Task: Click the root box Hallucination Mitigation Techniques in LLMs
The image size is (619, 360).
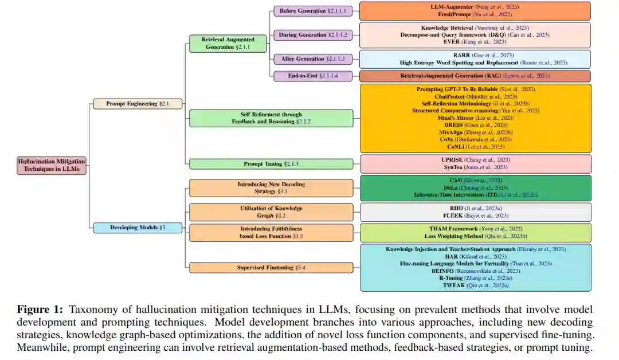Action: point(52,166)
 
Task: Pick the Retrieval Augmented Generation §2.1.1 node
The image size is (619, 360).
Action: point(228,44)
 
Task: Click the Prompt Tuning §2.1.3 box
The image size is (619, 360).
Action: point(271,164)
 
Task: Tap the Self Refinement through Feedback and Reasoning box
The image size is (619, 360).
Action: point(271,118)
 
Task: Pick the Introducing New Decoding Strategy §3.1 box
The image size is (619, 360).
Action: point(271,188)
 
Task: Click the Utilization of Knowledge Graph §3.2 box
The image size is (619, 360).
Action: point(271,212)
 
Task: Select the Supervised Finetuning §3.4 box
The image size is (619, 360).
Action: point(271,267)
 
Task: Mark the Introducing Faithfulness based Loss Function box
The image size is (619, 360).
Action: point(271,232)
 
